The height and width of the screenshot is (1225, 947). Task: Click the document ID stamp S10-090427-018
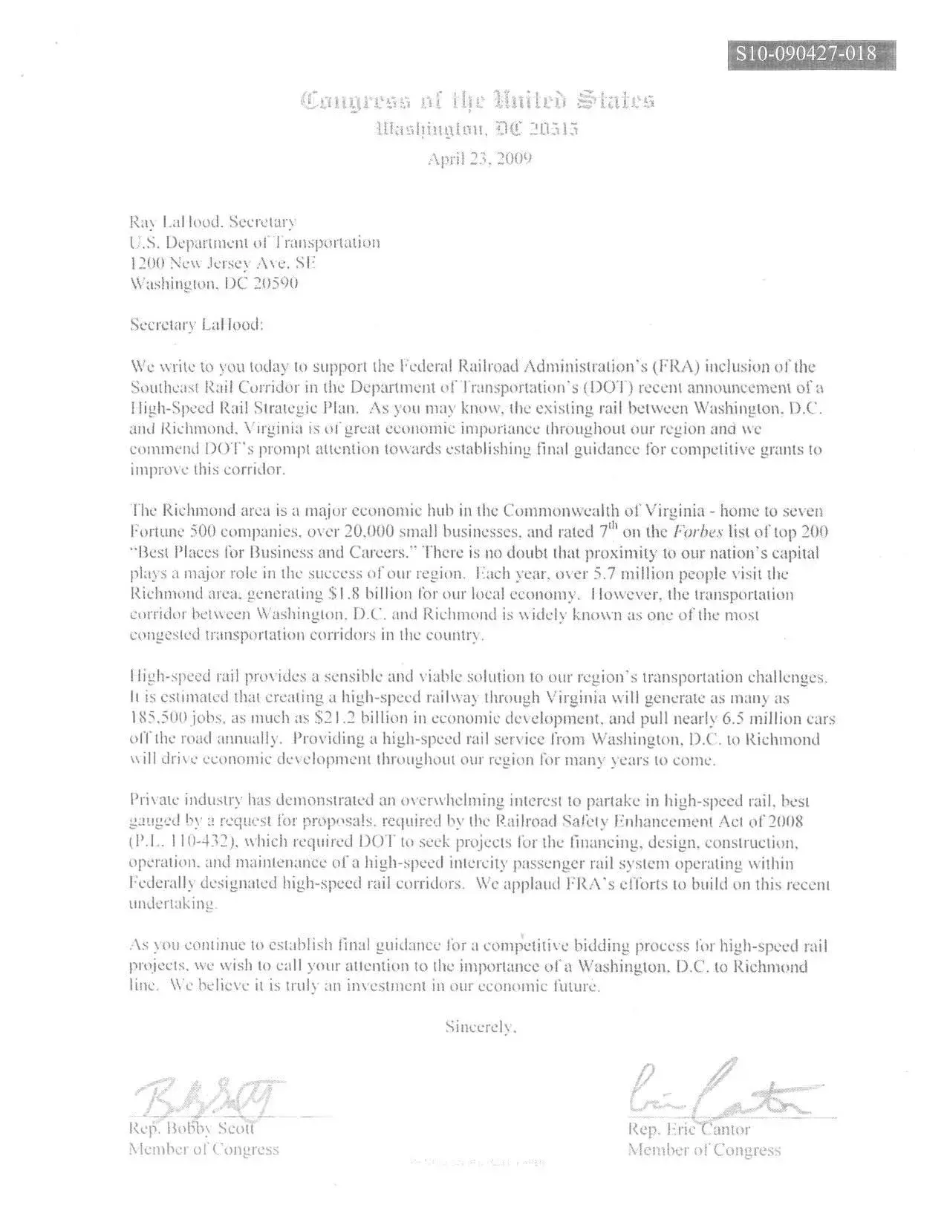(811, 54)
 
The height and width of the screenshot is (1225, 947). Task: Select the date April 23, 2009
(479, 158)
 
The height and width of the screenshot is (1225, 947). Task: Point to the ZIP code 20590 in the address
(276, 283)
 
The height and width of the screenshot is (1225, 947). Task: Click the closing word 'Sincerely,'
(481, 1028)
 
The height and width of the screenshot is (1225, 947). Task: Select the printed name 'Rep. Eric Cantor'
(689, 1129)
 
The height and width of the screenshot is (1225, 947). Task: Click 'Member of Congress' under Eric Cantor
(704, 1150)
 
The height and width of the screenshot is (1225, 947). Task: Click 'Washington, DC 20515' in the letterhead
(478, 129)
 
